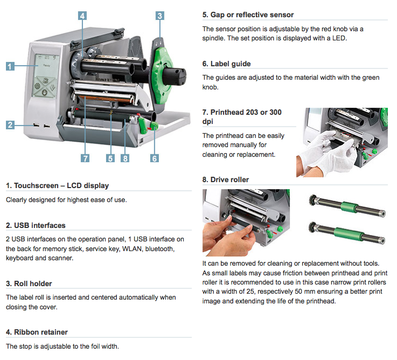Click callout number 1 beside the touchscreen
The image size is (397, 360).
tap(10, 66)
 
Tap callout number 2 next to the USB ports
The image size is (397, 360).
tap(10, 124)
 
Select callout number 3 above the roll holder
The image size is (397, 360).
tap(160, 16)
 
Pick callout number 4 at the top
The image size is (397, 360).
tap(82, 16)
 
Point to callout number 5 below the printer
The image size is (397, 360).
tap(110, 158)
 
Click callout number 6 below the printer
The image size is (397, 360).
tap(155, 158)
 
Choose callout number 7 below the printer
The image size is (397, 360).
tap(85, 158)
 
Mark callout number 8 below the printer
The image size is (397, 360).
tap(125, 158)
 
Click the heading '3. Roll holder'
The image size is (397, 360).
tap(29, 283)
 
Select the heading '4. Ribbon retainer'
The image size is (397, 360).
tap(37, 332)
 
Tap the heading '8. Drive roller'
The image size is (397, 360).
tap(226, 179)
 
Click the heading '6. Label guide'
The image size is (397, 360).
tap(226, 64)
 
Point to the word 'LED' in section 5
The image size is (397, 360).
tap(339, 38)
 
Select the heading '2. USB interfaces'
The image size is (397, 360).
tap(36, 225)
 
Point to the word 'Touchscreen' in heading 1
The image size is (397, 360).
tap(36, 186)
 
